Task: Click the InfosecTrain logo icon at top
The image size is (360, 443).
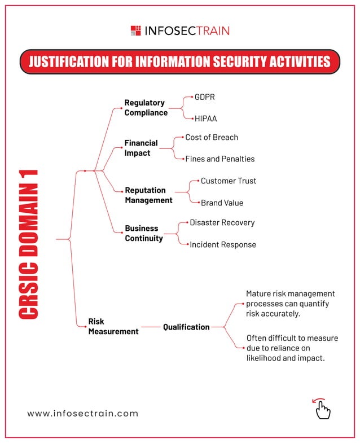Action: (x=136, y=30)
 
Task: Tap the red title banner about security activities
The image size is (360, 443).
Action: (x=180, y=62)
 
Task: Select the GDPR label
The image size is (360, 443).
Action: (x=205, y=97)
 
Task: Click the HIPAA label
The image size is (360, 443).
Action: (x=206, y=119)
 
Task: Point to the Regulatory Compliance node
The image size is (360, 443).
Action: (x=146, y=107)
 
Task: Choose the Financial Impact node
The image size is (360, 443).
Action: (x=141, y=148)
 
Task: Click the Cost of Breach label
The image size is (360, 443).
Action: (x=212, y=137)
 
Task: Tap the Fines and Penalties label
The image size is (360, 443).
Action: (x=219, y=159)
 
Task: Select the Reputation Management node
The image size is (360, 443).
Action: (x=148, y=195)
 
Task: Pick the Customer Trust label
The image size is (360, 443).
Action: (x=228, y=181)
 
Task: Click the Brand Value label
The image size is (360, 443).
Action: (x=222, y=203)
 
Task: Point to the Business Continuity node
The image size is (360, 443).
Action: (x=144, y=233)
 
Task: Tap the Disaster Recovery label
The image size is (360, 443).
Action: (x=222, y=222)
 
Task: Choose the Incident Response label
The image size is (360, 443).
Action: (x=222, y=245)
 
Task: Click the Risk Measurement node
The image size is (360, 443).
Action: (x=113, y=326)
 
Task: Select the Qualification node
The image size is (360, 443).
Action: (x=186, y=327)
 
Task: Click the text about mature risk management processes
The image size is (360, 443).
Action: (x=291, y=304)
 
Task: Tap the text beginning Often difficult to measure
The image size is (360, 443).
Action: (x=292, y=348)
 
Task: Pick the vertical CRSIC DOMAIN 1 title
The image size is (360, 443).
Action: (x=28, y=244)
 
